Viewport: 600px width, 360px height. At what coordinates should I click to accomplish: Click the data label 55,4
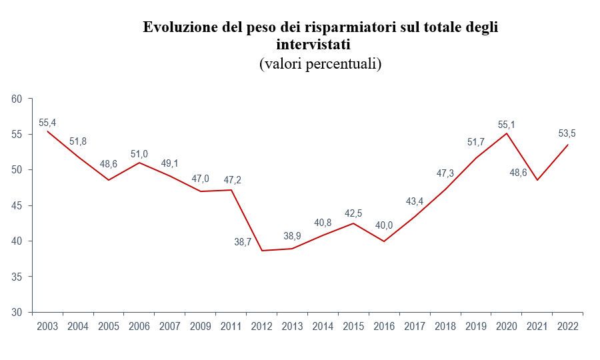click(x=47, y=123)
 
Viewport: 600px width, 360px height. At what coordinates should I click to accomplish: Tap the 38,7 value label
click(x=243, y=242)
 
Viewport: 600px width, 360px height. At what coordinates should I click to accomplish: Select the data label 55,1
click(x=506, y=125)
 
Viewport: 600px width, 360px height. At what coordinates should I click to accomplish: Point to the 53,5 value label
click(x=567, y=134)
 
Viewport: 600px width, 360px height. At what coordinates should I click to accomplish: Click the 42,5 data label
click(x=353, y=213)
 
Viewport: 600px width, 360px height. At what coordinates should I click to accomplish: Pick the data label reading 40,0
click(x=384, y=225)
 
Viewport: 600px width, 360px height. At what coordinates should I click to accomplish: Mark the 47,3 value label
click(x=445, y=173)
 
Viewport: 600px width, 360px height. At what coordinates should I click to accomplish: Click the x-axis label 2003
click(x=47, y=327)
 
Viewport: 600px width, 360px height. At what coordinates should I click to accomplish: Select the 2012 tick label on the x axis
click(x=261, y=327)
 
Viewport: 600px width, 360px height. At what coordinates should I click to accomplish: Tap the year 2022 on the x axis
click(x=567, y=327)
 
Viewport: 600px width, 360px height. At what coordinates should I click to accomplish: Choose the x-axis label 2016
click(x=384, y=327)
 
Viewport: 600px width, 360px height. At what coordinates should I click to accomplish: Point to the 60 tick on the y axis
click(x=17, y=99)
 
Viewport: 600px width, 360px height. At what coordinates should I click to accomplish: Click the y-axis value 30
click(x=17, y=312)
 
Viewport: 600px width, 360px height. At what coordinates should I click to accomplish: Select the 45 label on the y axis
click(x=17, y=206)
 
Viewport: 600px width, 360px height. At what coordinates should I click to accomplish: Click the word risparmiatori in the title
click(x=345, y=27)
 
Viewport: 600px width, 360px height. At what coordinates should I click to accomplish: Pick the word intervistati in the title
click(x=313, y=45)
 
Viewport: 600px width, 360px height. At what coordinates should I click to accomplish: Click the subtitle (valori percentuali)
click(x=320, y=64)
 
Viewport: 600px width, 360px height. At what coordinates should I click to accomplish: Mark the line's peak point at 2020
click(x=507, y=133)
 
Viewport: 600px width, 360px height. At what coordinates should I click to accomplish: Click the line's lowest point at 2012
click(x=261, y=251)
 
